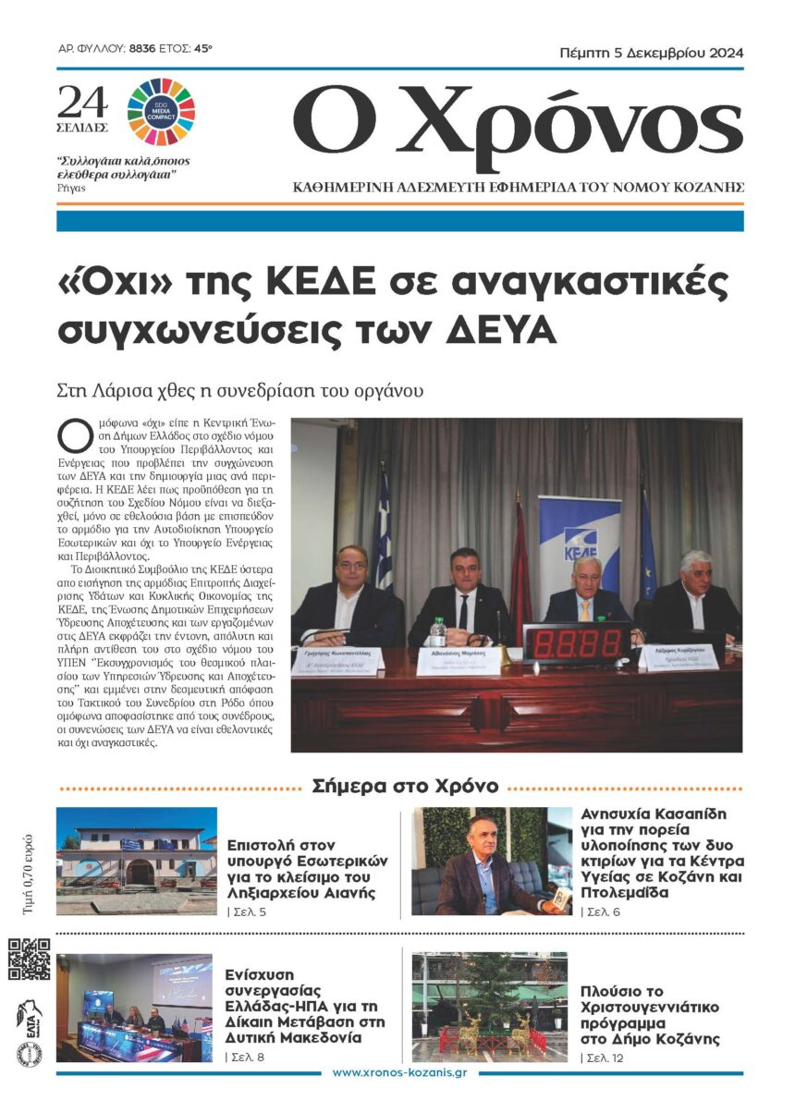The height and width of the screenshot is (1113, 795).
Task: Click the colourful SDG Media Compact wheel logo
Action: (x=161, y=113)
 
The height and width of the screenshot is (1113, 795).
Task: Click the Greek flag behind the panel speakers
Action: (x=384, y=536)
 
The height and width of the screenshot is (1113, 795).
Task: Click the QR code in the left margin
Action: (x=30, y=960)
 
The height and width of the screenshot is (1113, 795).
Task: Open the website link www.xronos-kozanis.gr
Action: (x=398, y=1073)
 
